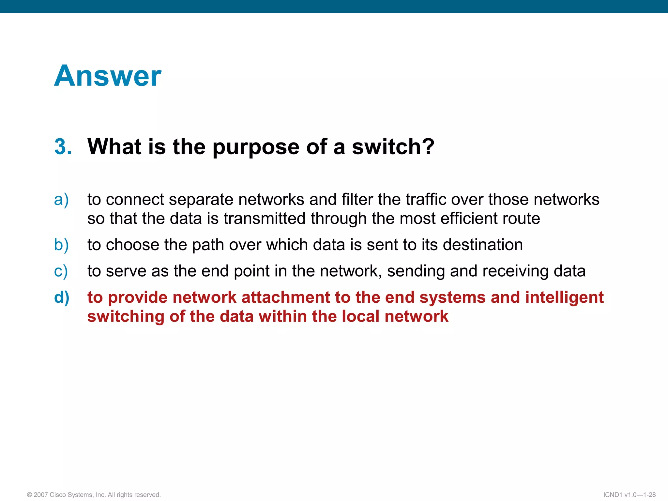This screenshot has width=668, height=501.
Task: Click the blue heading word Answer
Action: click(x=108, y=76)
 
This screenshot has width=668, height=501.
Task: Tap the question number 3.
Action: click(x=63, y=146)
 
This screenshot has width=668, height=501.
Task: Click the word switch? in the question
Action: click(x=393, y=146)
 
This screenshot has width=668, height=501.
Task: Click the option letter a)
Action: click(x=61, y=200)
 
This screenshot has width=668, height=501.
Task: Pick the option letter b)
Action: click(x=61, y=245)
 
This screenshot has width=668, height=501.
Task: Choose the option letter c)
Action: click(x=61, y=271)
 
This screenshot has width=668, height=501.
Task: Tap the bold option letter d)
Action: click(x=62, y=297)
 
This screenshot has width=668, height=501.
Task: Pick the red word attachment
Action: click(x=286, y=297)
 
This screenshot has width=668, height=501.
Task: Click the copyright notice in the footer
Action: click(x=94, y=495)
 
